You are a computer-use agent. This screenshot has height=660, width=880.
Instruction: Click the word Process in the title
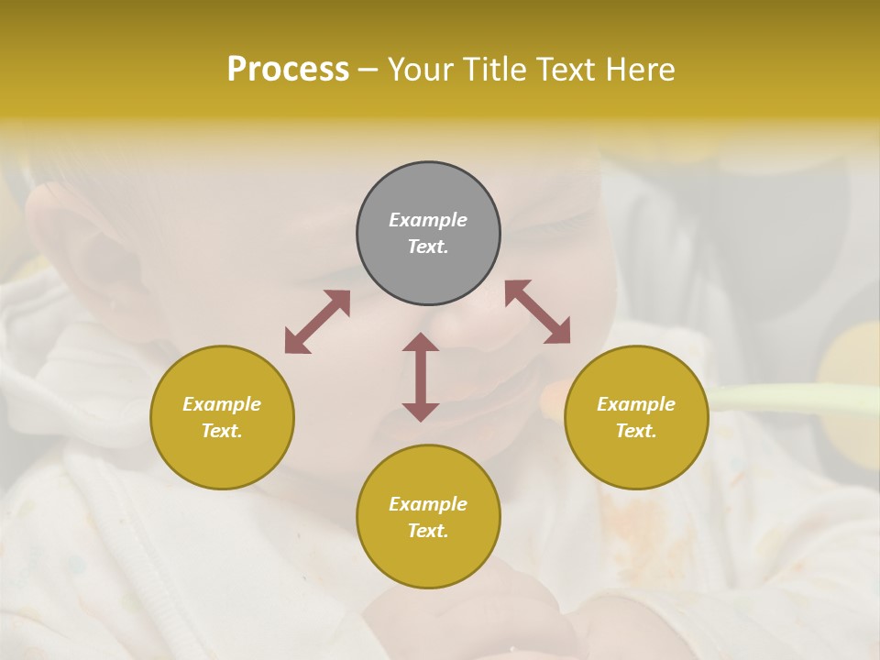288,70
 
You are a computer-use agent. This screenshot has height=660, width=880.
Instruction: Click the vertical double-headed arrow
421,377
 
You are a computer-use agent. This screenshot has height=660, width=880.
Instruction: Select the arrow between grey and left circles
317,322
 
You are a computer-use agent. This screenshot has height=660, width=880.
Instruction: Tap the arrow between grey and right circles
537,312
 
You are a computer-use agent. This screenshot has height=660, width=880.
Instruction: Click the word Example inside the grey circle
428,220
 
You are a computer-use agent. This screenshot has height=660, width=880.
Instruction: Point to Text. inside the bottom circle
428,531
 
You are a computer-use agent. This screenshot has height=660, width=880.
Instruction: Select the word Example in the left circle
222,404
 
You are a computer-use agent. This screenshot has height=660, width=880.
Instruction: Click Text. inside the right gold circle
636,431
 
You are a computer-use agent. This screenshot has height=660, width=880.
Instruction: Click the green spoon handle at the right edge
797,398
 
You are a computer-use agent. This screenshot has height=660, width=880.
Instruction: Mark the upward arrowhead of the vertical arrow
421,342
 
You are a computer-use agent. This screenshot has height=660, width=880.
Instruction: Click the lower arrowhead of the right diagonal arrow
558,332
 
